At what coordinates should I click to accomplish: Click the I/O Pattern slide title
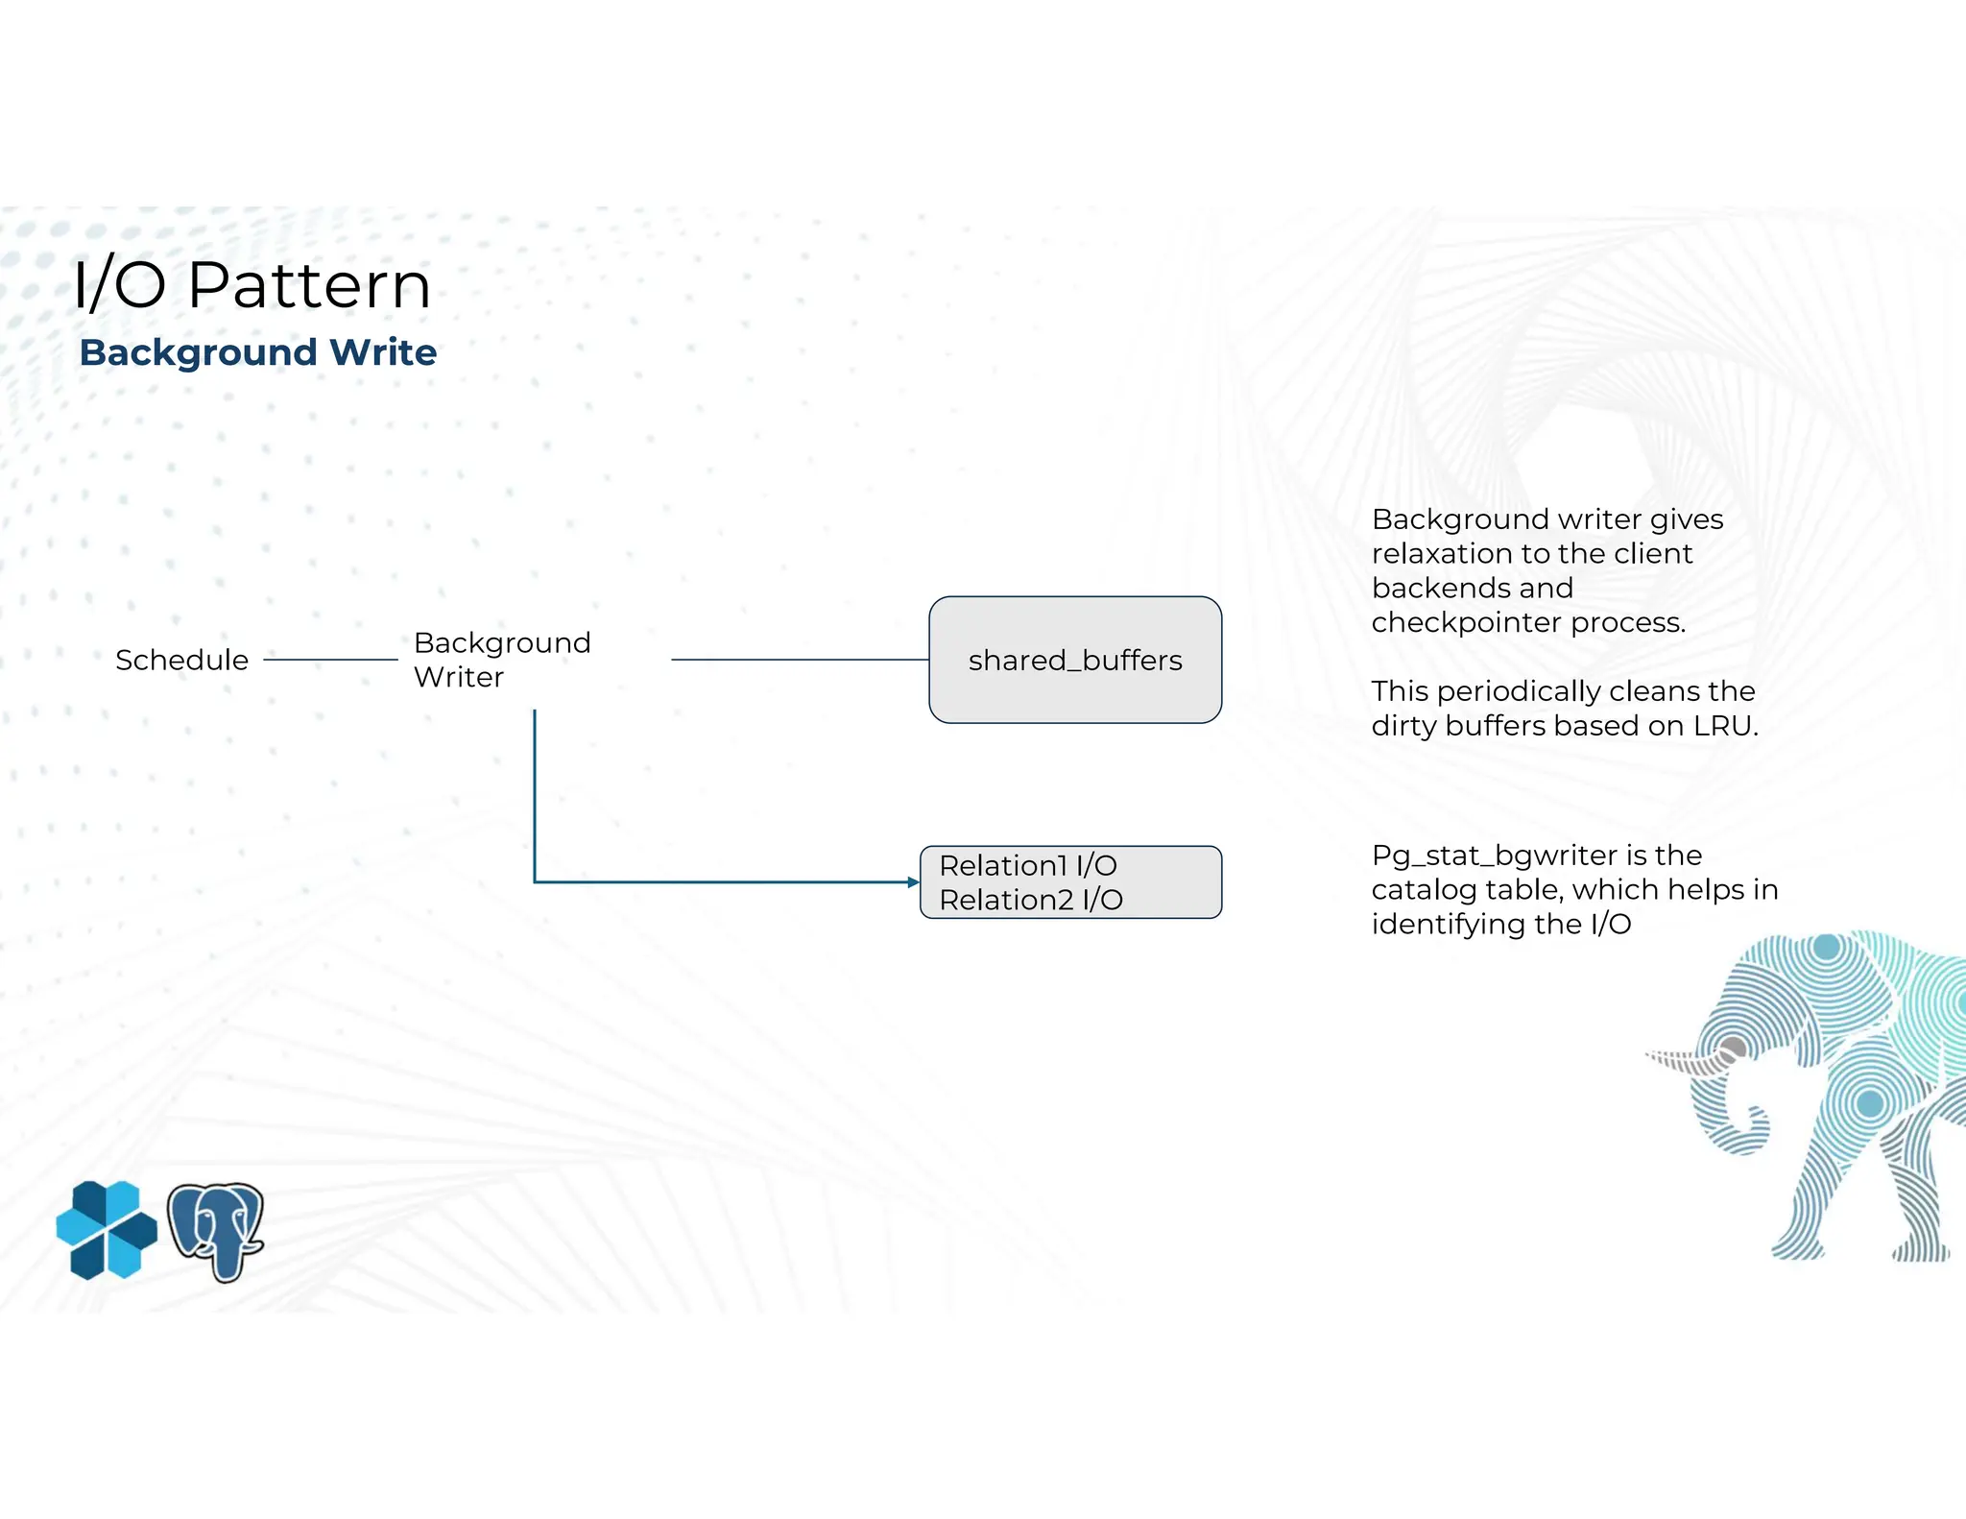252,285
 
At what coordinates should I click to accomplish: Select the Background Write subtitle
257,352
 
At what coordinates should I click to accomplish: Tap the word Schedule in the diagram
181,661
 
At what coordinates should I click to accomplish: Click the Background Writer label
501,660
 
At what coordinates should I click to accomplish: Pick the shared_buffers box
1074,660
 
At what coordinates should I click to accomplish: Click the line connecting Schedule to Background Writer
330,660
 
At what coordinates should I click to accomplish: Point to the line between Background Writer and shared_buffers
799,660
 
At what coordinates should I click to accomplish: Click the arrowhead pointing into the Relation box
913,881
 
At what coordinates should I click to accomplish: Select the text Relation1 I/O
1027,865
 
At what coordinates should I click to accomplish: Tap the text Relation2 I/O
1030,900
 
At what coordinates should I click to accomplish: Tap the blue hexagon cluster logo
106,1230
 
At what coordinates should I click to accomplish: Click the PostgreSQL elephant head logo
216,1230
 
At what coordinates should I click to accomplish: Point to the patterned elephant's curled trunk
1742,1133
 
